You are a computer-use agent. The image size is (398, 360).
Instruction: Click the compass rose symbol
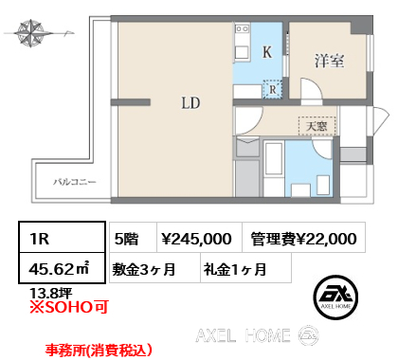(x=30, y=33)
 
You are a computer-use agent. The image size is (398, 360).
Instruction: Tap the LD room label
(x=190, y=103)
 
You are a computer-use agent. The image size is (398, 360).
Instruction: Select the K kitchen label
(x=267, y=52)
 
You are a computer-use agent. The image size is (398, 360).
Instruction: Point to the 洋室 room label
(x=329, y=61)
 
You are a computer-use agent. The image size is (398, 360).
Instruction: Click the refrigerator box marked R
(x=272, y=89)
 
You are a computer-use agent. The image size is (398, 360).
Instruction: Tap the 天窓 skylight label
(x=317, y=126)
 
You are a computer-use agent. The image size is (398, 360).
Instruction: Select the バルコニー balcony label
(x=75, y=182)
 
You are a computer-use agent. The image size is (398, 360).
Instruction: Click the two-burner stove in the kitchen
(x=243, y=29)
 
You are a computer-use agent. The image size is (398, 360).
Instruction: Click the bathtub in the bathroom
(x=274, y=158)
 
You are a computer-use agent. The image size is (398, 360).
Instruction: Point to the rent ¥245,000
(x=196, y=239)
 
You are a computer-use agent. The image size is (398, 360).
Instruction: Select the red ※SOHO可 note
(x=69, y=307)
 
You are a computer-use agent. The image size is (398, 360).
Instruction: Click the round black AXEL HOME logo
(x=335, y=297)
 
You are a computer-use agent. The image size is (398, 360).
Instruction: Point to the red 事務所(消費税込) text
(x=99, y=350)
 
